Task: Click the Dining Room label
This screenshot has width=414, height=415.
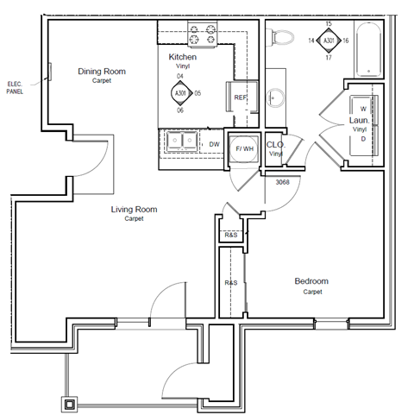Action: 102,72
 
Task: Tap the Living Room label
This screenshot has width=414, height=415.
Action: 133,209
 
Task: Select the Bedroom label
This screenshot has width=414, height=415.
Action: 311,281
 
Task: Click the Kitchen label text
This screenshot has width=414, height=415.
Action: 182,57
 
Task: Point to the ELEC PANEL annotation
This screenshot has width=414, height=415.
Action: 15,87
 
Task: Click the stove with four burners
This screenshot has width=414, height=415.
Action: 201,34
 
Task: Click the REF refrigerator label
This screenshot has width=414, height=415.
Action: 241,97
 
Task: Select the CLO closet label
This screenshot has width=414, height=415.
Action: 275,145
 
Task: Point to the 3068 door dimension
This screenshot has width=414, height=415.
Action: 281,183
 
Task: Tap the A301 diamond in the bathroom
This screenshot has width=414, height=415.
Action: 328,40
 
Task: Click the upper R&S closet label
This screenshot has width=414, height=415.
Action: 230,236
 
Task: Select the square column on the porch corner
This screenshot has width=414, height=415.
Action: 70,403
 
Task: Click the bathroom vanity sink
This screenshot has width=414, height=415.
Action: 276,97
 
